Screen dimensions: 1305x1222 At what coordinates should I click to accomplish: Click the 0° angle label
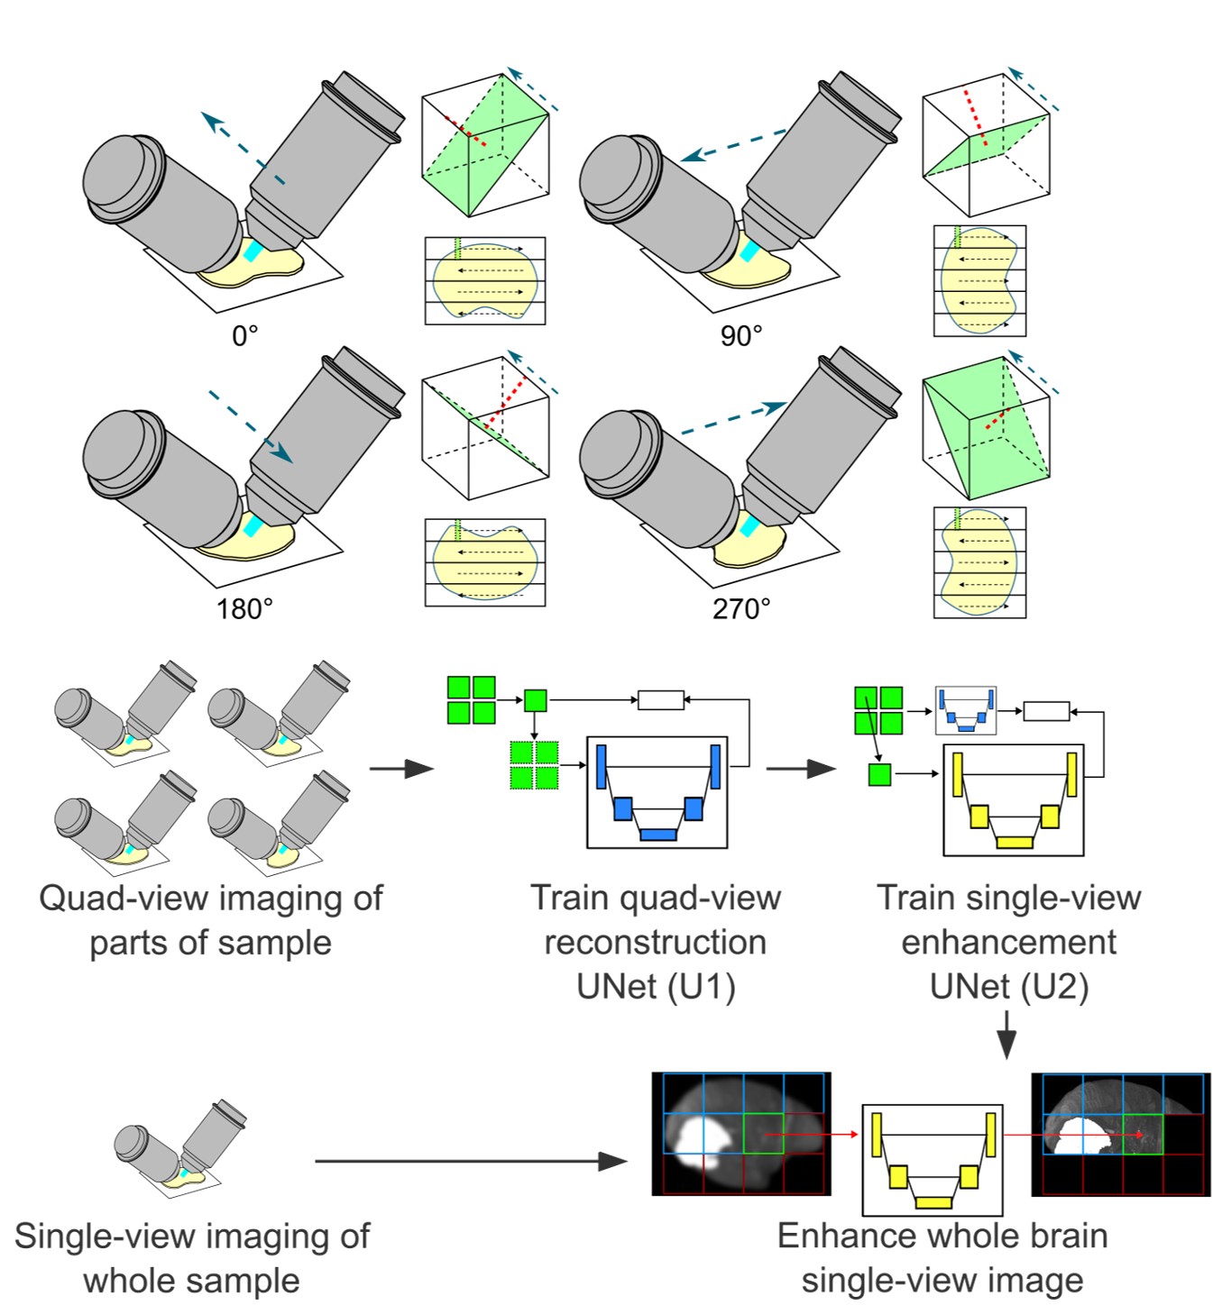point(244,336)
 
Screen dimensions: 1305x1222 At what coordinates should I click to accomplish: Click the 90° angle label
point(741,336)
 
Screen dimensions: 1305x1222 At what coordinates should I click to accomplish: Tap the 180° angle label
point(244,609)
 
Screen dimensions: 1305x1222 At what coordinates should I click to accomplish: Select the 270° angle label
point(741,609)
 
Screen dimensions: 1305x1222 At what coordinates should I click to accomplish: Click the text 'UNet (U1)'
point(656,987)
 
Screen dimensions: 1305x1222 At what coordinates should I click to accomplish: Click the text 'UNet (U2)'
point(1009,987)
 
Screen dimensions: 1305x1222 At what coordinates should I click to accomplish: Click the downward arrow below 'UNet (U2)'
point(1007,1035)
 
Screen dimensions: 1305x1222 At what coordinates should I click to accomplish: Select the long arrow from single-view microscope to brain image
point(470,1161)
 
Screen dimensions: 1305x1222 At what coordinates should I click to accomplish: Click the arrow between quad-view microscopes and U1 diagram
point(401,769)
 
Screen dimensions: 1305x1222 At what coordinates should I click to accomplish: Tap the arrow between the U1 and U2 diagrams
point(800,769)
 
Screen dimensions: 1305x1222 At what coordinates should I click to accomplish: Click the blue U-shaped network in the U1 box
point(657,793)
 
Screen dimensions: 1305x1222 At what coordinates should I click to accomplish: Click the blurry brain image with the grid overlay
point(741,1134)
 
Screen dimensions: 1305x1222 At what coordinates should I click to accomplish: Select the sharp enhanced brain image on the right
point(1120,1134)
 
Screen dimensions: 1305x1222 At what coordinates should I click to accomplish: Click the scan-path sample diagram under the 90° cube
point(979,280)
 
